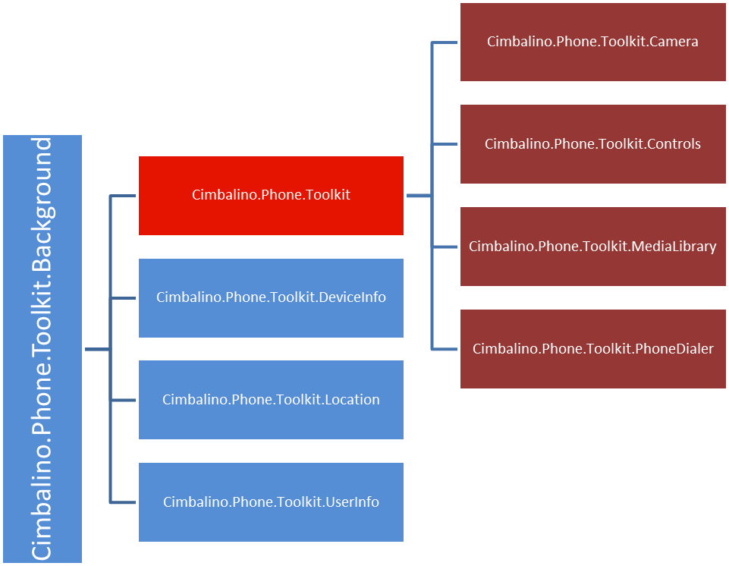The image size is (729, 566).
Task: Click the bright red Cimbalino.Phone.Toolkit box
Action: tap(271, 195)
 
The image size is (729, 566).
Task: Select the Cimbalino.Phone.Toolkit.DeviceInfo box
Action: tap(271, 297)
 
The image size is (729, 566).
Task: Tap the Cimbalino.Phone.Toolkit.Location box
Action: tap(271, 400)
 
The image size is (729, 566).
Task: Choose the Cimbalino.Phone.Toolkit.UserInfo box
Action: tap(271, 502)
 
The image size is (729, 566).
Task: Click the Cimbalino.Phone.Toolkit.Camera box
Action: tap(592, 42)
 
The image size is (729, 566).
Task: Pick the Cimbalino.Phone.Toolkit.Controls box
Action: tap(592, 144)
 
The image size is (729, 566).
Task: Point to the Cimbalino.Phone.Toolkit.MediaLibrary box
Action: tap(592, 247)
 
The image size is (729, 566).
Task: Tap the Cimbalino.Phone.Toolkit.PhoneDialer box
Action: tap(592, 349)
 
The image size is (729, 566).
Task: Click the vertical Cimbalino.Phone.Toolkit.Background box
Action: tap(42, 349)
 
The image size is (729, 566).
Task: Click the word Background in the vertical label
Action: tap(42, 205)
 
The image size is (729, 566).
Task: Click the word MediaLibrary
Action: tap(674, 247)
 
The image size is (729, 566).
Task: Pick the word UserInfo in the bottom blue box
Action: tap(352, 502)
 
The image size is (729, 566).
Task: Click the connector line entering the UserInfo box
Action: tap(124, 502)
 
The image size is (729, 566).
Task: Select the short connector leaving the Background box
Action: tap(97, 349)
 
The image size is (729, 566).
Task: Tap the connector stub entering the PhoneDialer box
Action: tap(445, 349)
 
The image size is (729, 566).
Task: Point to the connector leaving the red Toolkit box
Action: tap(419, 196)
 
